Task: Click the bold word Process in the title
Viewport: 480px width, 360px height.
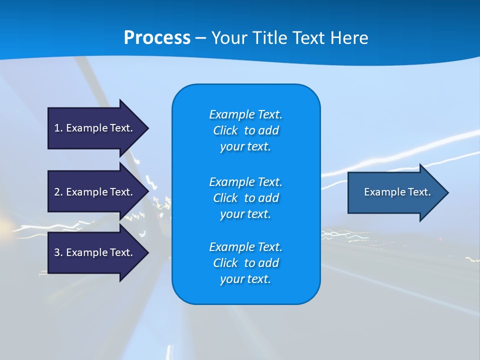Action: pyautogui.click(x=157, y=38)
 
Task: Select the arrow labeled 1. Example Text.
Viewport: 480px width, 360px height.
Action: pyautogui.click(x=95, y=128)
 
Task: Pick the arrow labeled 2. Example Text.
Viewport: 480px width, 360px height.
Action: pyautogui.click(x=95, y=192)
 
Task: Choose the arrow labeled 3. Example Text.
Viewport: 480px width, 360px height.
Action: pyautogui.click(x=95, y=252)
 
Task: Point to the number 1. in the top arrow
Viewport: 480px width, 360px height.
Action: pyautogui.click(x=58, y=128)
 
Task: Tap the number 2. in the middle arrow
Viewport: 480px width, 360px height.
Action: pyautogui.click(x=58, y=192)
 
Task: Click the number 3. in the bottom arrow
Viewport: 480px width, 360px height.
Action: pyautogui.click(x=58, y=252)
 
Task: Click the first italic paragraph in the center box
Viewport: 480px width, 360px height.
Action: pyautogui.click(x=245, y=130)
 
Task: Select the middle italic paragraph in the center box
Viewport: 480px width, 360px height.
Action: pyautogui.click(x=245, y=197)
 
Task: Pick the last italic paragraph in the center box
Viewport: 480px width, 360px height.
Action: pyautogui.click(x=245, y=263)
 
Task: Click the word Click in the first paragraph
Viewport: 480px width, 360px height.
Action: pyautogui.click(x=225, y=130)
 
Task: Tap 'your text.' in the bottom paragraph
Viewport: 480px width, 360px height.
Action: pyautogui.click(x=245, y=279)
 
